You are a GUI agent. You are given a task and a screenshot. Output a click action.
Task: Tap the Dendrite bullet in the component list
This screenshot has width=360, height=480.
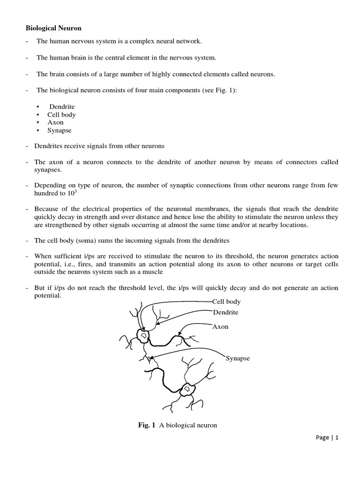pos(62,106)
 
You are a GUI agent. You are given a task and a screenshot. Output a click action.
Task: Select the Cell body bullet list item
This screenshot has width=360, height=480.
pos(61,114)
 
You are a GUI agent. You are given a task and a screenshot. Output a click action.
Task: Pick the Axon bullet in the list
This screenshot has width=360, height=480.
pos(55,122)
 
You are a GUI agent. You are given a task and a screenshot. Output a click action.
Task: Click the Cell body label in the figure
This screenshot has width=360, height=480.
pos(226,302)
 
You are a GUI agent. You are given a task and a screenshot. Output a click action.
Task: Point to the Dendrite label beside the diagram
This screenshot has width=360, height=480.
pos(225,312)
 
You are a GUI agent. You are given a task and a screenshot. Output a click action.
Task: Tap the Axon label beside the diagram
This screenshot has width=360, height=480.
pos(220,327)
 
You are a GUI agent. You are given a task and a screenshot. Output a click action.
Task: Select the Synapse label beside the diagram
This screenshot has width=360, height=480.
pos(238,359)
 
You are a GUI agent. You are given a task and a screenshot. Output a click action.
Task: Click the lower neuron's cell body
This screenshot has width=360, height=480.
pos(187,389)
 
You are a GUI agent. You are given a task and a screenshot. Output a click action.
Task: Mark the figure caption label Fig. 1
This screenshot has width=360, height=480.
pos(146,425)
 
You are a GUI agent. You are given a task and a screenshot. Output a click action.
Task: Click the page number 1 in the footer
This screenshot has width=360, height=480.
pos(336,437)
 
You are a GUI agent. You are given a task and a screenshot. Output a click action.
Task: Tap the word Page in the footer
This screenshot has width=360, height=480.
pos(322,437)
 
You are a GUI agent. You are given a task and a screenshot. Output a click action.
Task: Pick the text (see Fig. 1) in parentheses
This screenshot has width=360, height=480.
pos(220,90)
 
